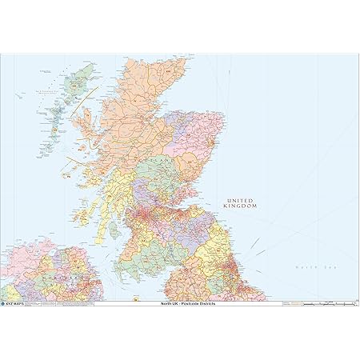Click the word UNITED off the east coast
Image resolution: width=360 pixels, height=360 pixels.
pos(243,199)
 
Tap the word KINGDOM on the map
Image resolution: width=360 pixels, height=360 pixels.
pos(243,206)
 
